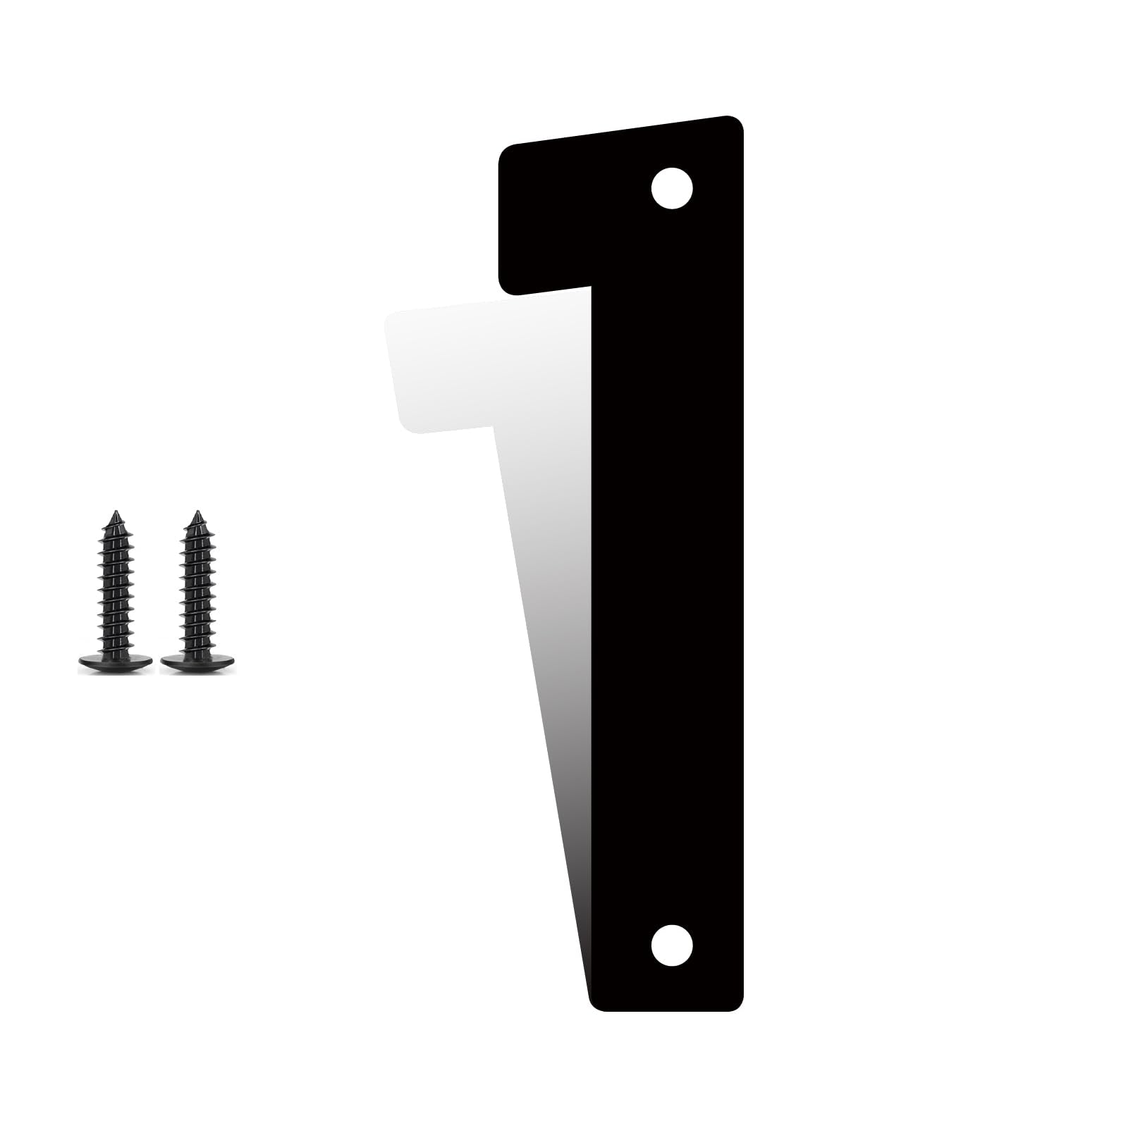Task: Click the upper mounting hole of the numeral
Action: [x=671, y=188]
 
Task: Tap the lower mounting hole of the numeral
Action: [x=671, y=946]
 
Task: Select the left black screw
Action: [x=114, y=592]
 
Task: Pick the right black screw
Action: [x=197, y=592]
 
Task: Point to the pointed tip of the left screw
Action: [x=114, y=512]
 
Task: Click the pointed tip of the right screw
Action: [x=197, y=512]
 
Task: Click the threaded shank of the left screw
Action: [x=114, y=585]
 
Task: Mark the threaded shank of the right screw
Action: [x=197, y=585]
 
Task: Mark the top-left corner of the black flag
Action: [x=503, y=151]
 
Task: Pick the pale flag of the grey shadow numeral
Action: [x=451, y=366]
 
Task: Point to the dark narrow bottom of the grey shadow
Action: [x=575, y=881]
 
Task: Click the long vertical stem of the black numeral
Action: [x=666, y=564]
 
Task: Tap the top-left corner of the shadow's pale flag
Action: [x=389, y=316]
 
